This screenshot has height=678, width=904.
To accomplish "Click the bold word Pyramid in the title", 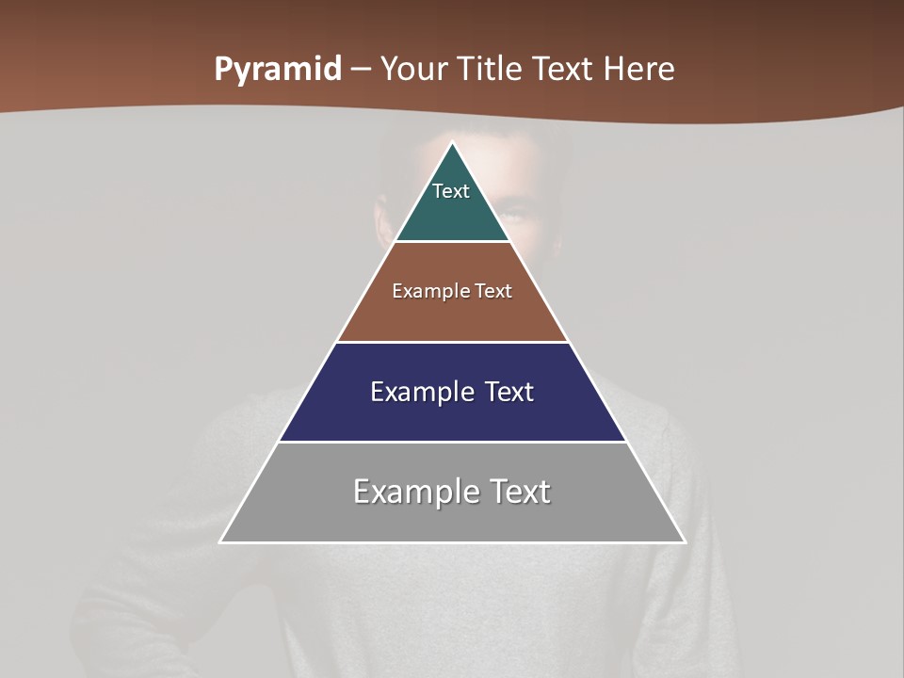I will coord(278,70).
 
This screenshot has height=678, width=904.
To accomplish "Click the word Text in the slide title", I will coord(566,70).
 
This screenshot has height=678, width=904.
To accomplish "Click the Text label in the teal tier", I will coord(451,191).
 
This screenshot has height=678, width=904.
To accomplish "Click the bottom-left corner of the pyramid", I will coord(220,542).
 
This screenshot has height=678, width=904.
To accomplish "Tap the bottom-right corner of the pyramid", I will coord(686,542).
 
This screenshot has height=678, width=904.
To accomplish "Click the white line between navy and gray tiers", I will coord(453,442).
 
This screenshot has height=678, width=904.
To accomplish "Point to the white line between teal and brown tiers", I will coord(453,242).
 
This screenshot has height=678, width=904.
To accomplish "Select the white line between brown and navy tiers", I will coord(453,342).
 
